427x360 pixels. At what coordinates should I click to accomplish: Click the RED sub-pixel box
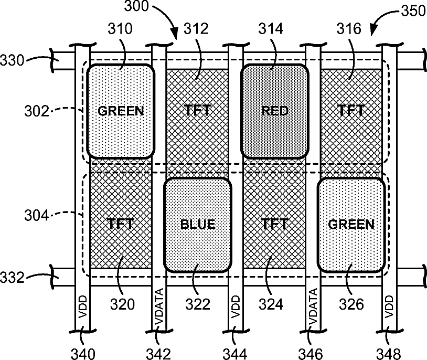click(x=274, y=111)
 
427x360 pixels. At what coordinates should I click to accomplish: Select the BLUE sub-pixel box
click(x=198, y=225)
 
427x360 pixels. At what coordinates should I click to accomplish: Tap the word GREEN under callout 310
click(x=121, y=111)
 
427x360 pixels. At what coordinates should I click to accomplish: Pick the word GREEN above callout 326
click(x=351, y=225)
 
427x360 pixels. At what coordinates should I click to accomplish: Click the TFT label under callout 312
click(x=198, y=110)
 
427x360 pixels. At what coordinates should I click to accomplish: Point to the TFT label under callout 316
click(x=351, y=110)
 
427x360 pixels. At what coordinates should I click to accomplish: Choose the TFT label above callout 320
click(x=121, y=225)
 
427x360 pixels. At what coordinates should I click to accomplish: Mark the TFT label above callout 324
click(x=274, y=225)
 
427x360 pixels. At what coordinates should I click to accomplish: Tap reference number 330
click(x=12, y=60)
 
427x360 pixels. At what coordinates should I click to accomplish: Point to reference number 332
click(x=12, y=277)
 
